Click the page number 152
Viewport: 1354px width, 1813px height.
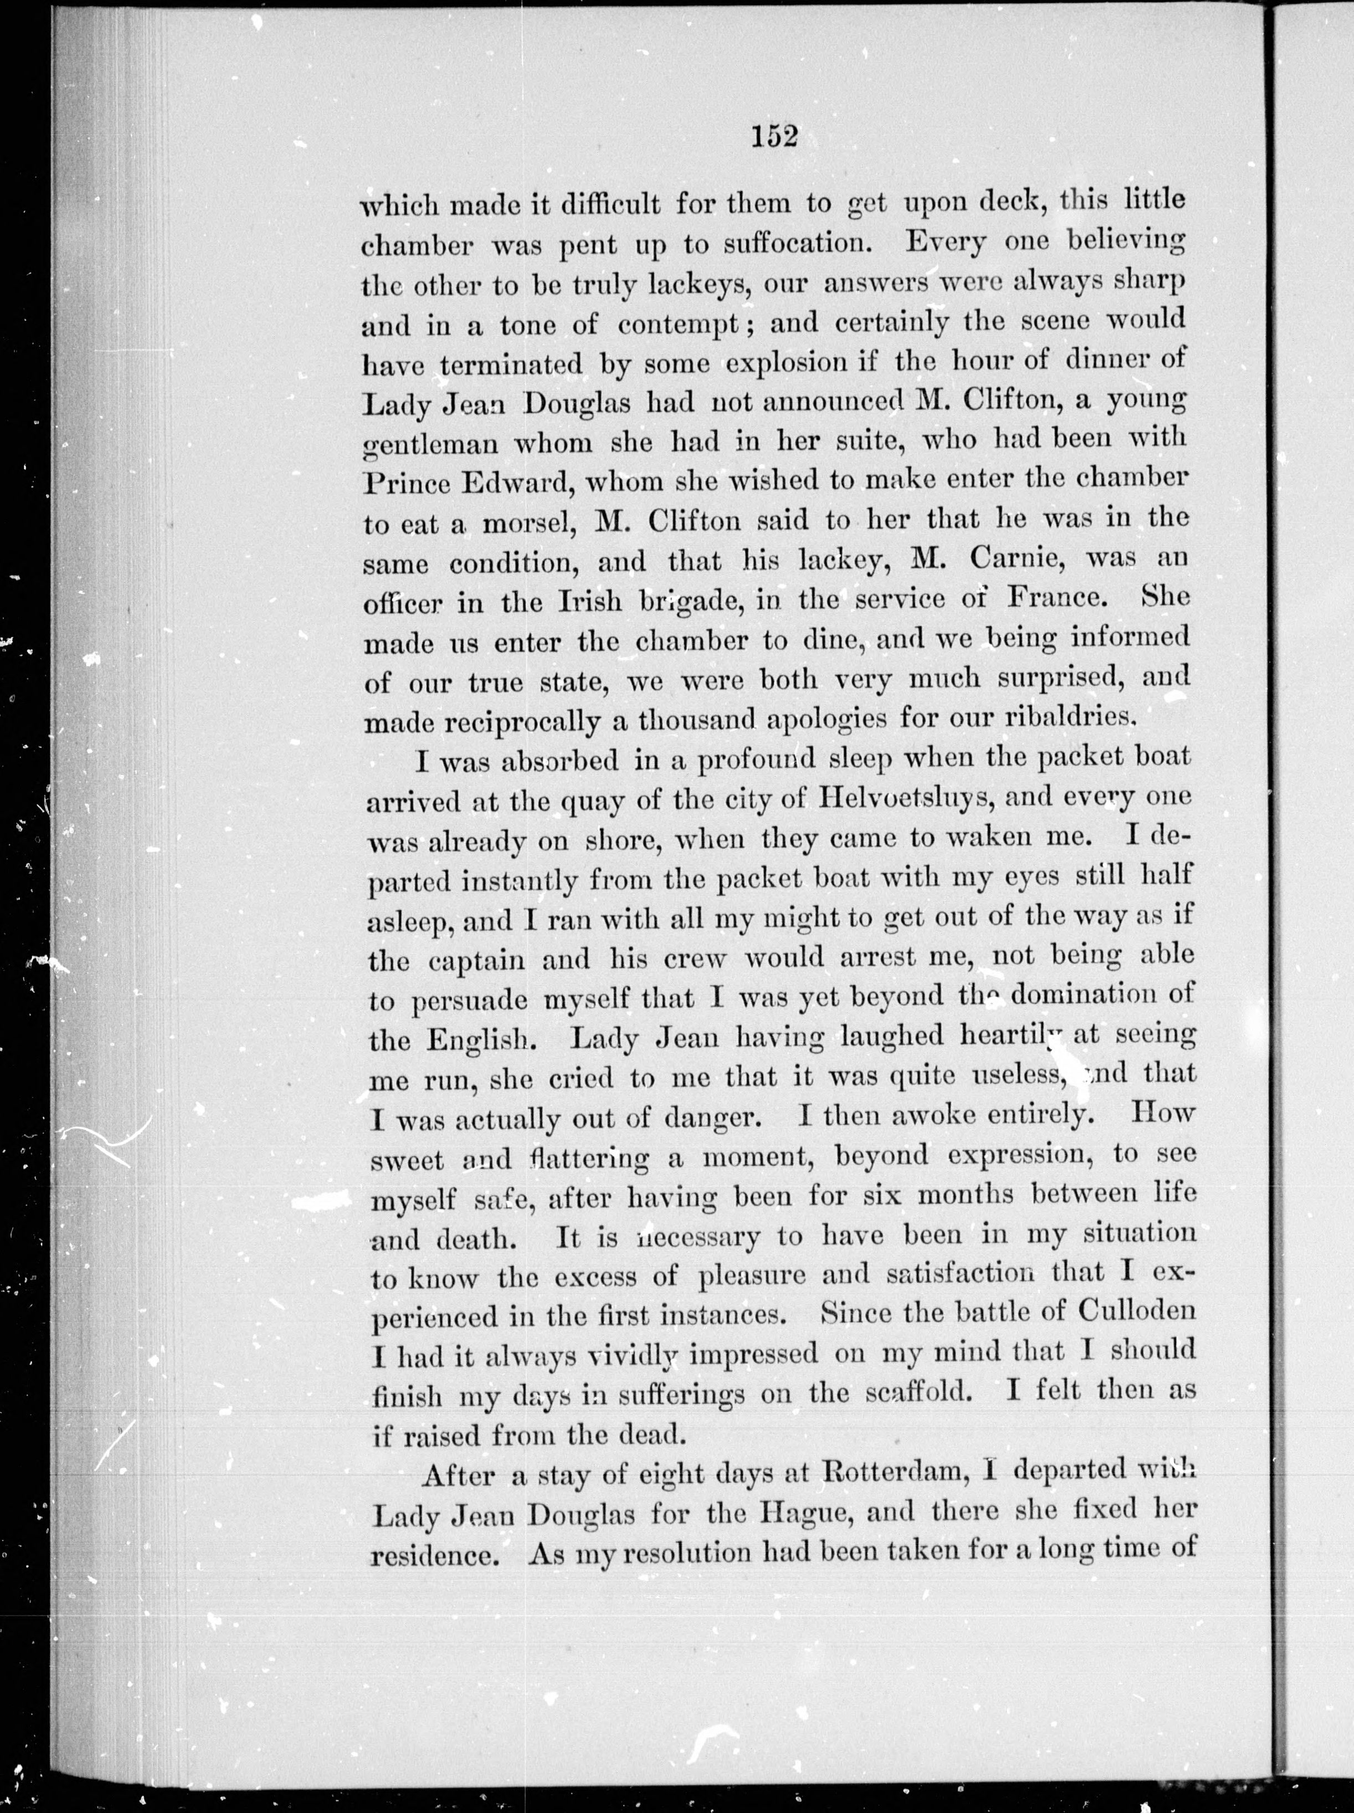(x=774, y=136)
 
